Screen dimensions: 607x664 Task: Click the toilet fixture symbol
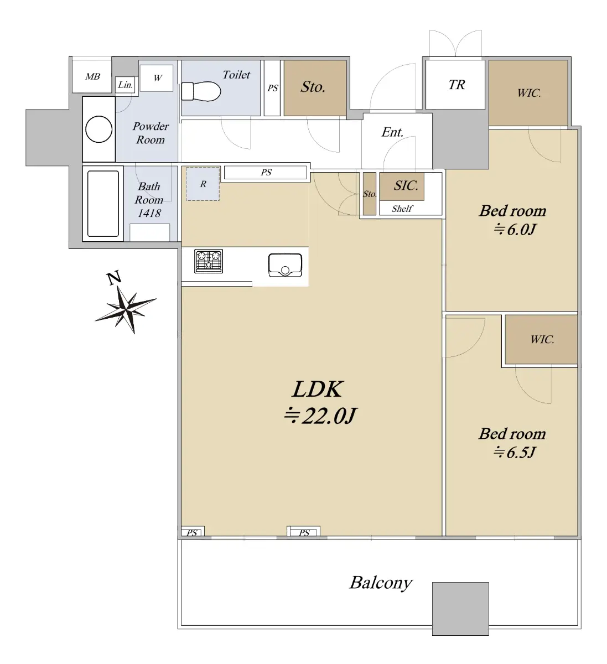[x=201, y=91]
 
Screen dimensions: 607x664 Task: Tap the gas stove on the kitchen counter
[x=209, y=261]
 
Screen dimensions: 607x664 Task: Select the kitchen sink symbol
[x=285, y=265]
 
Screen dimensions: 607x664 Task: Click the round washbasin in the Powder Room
[x=98, y=129]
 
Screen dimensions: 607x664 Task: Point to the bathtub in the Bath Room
[x=103, y=204]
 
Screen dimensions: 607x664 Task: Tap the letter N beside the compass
[x=114, y=278]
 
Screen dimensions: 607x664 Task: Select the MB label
[x=92, y=76]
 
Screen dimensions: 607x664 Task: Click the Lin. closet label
[x=125, y=85]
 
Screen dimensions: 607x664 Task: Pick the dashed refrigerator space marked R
[x=203, y=184]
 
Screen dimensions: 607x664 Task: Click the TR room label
[x=456, y=85]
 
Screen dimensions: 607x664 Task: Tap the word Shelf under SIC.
[x=402, y=209]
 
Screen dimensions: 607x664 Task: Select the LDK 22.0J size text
[x=319, y=416]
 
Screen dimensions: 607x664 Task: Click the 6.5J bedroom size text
[x=514, y=452]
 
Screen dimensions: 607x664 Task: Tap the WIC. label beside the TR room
[x=529, y=93]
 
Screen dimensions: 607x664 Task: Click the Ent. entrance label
[x=392, y=132]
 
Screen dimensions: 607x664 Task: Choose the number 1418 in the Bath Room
[x=149, y=213]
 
